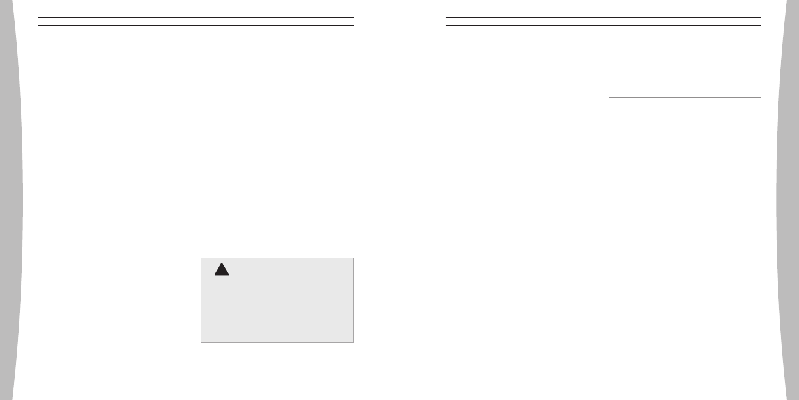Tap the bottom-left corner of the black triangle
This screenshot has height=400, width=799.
tap(215, 276)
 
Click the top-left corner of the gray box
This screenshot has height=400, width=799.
tap(201, 258)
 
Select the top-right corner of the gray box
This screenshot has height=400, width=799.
tap(353, 258)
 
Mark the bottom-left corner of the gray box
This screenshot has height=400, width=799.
tap(201, 342)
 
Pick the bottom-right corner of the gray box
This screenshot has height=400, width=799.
tap(353, 342)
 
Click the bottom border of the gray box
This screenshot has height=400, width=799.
tap(277, 342)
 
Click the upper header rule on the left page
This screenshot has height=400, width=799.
tap(196, 17)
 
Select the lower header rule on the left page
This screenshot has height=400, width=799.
tap(196, 25)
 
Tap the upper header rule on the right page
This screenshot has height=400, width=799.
tap(603, 17)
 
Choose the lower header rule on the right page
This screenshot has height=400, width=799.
tap(603, 25)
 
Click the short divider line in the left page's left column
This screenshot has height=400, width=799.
tap(114, 135)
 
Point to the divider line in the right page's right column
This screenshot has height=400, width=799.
tap(684, 97)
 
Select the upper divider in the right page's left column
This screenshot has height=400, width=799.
tap(521, 206)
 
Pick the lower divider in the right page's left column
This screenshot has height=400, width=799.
tap(521, 301)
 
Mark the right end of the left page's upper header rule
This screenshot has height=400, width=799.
tap(353, 17)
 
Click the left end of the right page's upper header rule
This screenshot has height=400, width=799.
tap(446, 17)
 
